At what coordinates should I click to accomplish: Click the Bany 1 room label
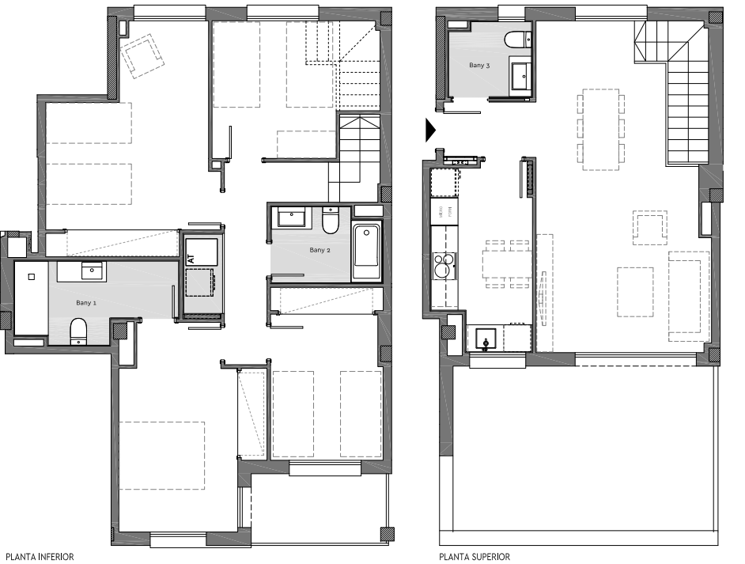click(x=86, y=303)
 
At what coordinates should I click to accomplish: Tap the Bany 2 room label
click(x=320, y=250)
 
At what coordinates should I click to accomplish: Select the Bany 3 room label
click(x=479, y=65)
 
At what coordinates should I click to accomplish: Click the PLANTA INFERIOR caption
click(x=40, y=556)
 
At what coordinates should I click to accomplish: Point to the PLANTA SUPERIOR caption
click(x=475, y=556)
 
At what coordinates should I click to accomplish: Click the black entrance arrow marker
click(x=430, y=131)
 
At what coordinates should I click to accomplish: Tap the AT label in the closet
click(x=191, y=259)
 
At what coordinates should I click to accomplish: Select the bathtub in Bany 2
click(x=366, y=252)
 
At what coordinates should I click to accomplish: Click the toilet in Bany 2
click(x=331, y=221)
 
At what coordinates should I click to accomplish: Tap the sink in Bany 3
click(x=522, y=75)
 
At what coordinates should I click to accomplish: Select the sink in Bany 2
click(x=291, y=218)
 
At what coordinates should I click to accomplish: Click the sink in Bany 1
click(x=92, y=271)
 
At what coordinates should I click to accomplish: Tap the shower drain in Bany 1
click(x=32, y=277)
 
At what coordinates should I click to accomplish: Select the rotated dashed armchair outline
click(x=142, y=55)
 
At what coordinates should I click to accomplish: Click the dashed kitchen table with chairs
click(x=507, y=263)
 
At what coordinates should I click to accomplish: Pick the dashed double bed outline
click(x=161, y=455)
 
